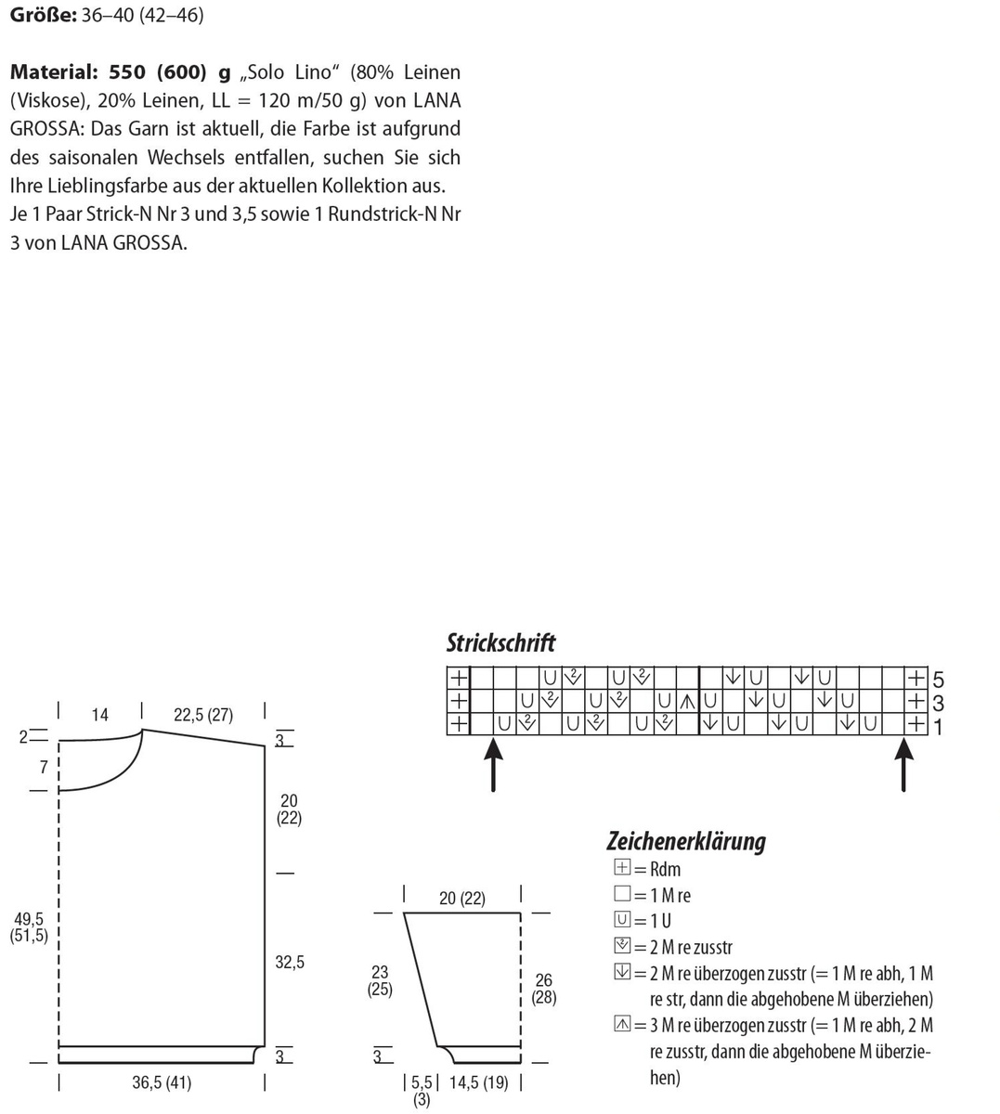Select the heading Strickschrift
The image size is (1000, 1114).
500,642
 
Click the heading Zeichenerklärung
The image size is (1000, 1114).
686,841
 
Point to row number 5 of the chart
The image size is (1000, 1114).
938,679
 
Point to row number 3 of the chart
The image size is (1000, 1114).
938,703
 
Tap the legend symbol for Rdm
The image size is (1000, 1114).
622,869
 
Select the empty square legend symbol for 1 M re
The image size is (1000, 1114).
622,895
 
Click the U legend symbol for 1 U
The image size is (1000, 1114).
622,921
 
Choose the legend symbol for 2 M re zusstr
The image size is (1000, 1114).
622,947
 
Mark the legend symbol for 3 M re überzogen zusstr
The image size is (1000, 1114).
622,1025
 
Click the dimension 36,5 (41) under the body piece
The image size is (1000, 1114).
162,1082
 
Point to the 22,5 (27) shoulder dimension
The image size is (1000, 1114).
203,715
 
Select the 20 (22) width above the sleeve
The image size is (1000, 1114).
462,899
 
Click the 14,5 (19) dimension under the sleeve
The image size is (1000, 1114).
478,1082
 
